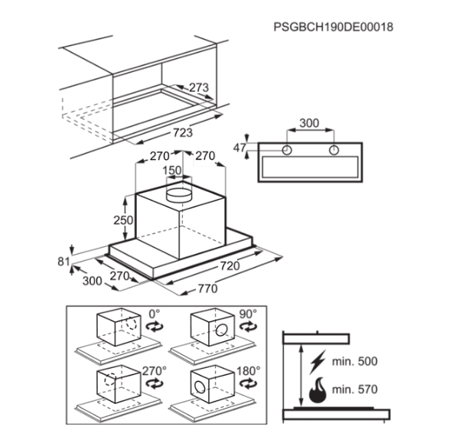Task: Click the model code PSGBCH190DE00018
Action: [334, 27]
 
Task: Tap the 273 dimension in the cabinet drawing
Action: [199, 87]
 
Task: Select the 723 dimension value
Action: [183, 132]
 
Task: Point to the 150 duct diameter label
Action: [172, 171]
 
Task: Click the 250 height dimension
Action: [123, 220]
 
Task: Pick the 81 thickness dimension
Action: [63, 262]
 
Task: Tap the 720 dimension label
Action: [230, 266]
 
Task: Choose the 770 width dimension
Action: [208, 288]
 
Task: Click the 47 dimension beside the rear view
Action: [239, 148]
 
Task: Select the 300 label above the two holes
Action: [310, 123]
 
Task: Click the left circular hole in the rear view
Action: [287, 150]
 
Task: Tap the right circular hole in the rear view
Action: [334, 150]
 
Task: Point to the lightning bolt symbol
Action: [317, 362]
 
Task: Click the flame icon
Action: [318, 390]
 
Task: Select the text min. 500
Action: [355, 361]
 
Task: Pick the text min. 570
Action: [355, 389]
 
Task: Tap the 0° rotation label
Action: [154, 314]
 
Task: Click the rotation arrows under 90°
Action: [249, 327]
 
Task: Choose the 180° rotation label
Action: [249, 371]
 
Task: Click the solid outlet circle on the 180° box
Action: [200, 387]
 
